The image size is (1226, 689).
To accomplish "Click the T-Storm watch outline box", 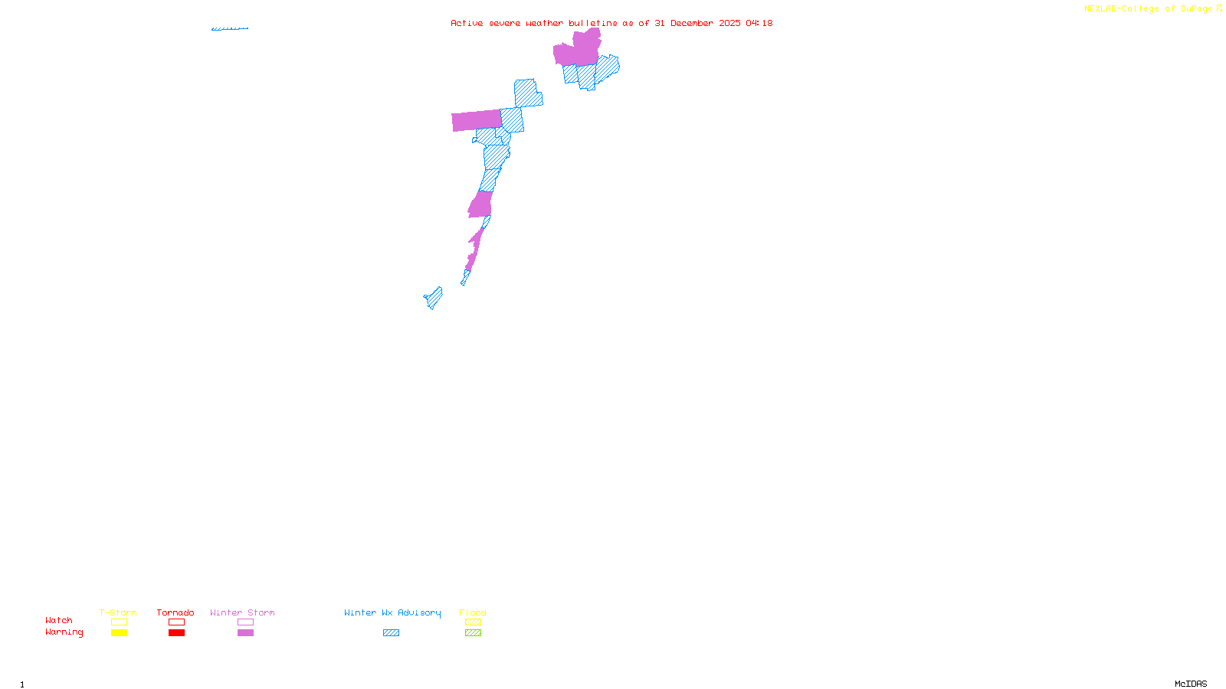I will (x=119, y=622).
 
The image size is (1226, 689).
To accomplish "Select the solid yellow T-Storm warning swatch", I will (x=119, y=633).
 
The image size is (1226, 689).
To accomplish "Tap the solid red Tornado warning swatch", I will (x=176, y=633).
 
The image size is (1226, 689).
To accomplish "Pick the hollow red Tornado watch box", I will (x=176, y=622).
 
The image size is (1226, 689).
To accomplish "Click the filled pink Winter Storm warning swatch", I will (x=245, y=633).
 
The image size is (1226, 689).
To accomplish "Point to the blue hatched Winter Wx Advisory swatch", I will (x=391, y=633).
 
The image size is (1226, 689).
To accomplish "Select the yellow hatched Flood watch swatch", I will (x=473, y=622).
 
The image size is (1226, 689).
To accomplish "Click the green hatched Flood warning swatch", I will (x=473, y=633).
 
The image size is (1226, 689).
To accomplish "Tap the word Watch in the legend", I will (x=59, y=621).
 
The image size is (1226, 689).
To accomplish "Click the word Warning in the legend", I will (x=64, y=632).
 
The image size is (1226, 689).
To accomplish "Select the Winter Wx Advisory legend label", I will (x=392, y=612).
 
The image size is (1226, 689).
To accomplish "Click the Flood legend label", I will (x=473, y=612).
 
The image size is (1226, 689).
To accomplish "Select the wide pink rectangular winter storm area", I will (x=476, y=120).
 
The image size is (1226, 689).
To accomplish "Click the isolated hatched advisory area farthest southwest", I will (x=434, y=298).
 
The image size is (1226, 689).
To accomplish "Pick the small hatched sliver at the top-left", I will (x=229, y=29).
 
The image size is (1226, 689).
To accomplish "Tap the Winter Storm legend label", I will (x=242, y=612).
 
